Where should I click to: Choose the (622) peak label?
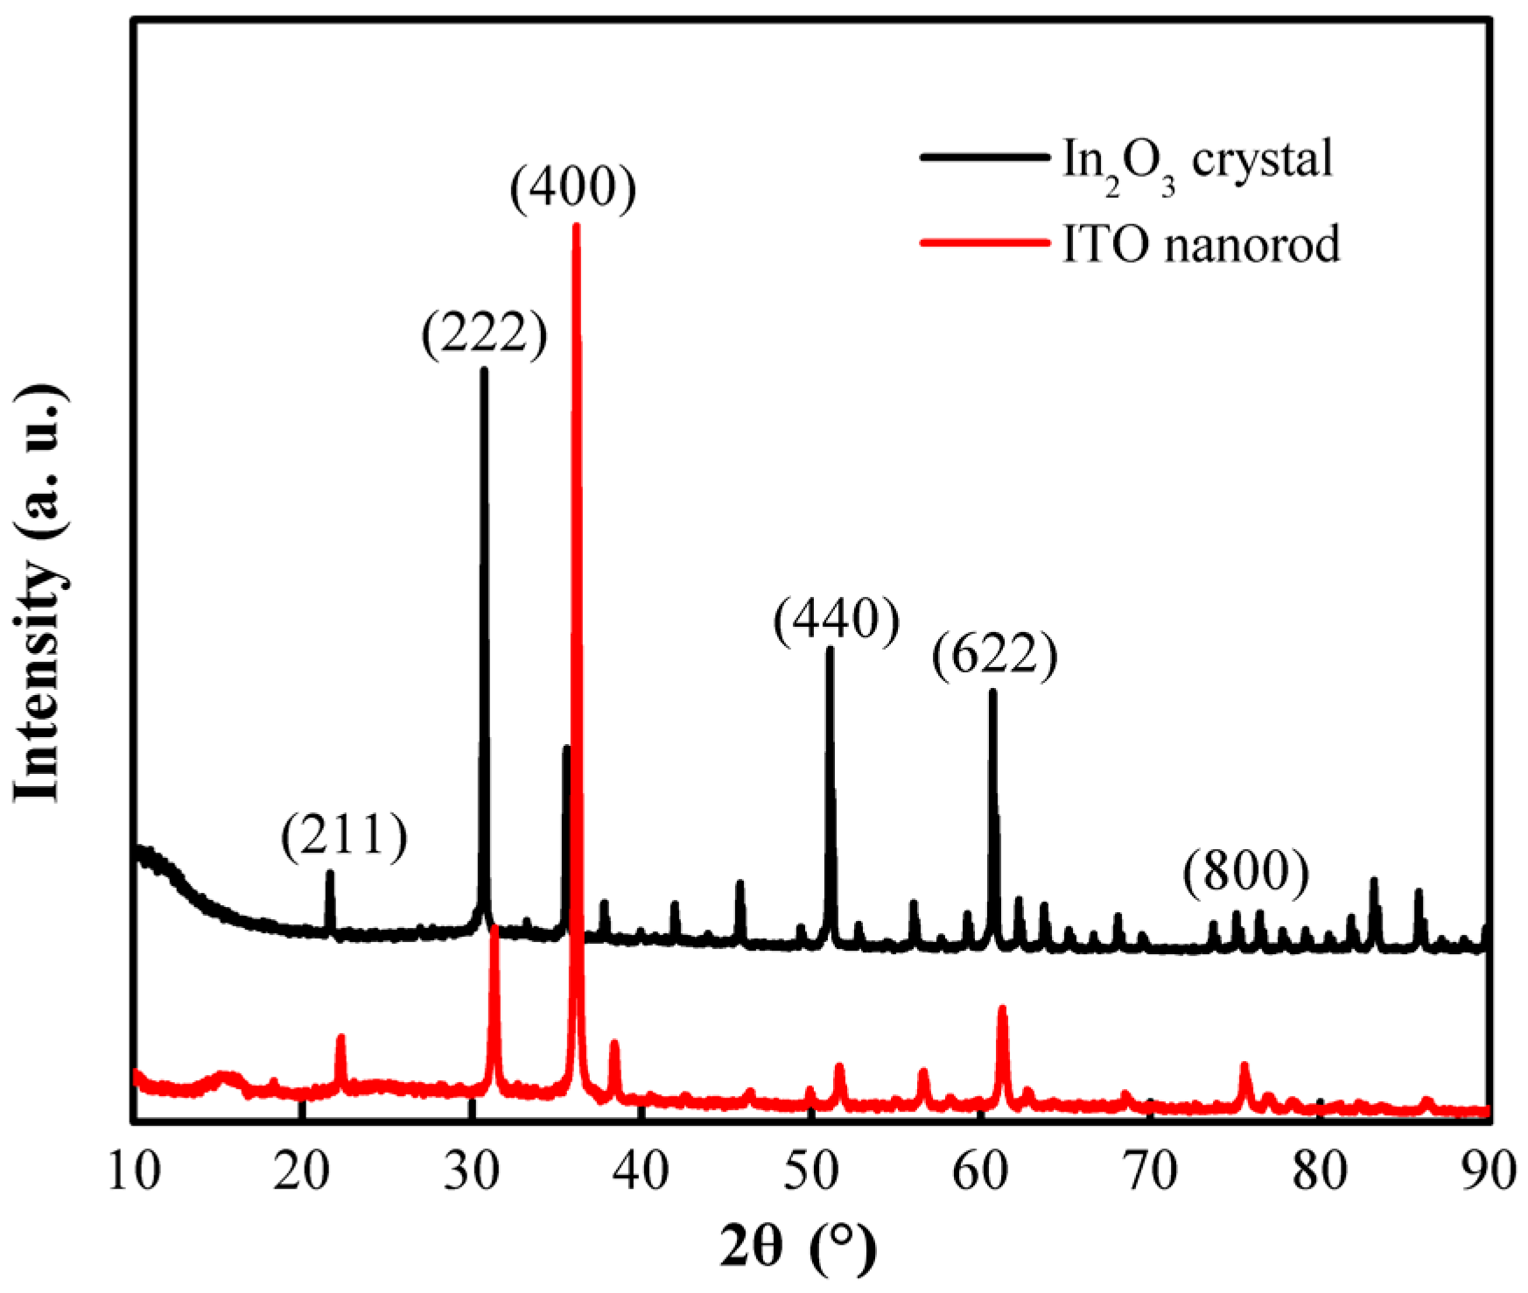coord(995,656)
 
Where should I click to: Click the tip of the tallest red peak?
coord(576,226)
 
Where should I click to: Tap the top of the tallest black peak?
coord(483,370)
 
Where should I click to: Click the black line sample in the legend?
coord(983,158)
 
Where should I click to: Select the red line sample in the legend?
coord(983,242)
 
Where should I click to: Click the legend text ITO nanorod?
coord(1201,244)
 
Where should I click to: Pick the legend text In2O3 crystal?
coord(1197,160)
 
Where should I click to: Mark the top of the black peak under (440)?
coord(830,649)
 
